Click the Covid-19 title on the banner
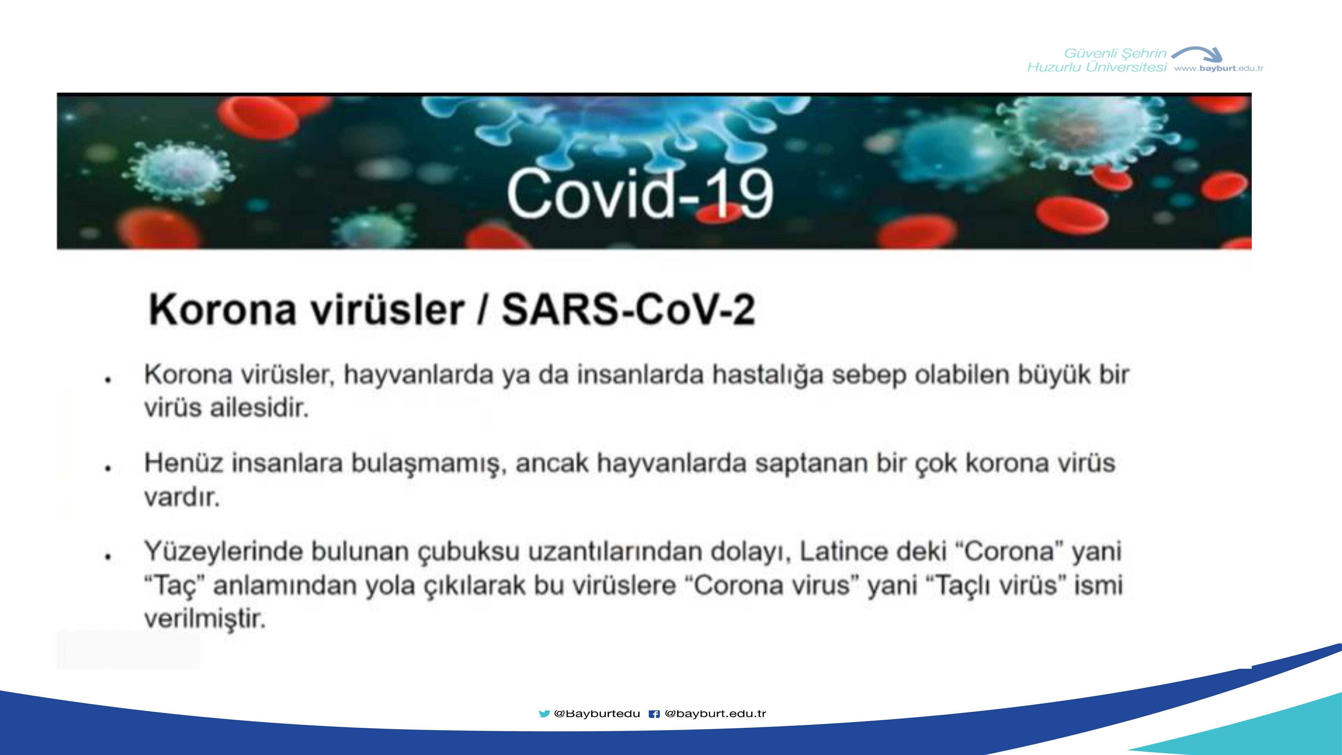click(640, 193)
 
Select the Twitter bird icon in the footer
click(545, 714)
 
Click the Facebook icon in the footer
click(654, 714)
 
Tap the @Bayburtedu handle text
click(597, 714)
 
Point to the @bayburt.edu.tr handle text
click(715, 714)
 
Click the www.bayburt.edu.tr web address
click(1219, 68)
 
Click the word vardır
click(182, 497)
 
